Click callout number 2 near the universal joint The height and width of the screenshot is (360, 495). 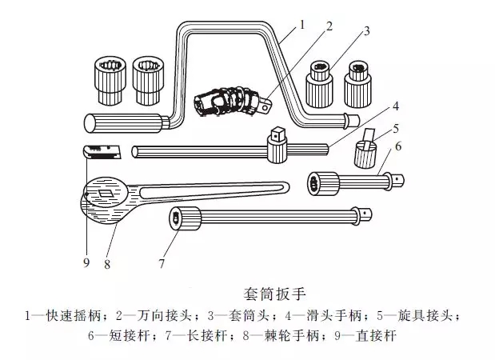click(x=328, y=26)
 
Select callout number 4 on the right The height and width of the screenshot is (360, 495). click(x=394, y=106)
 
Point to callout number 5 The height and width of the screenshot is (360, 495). click(x=394, y=128)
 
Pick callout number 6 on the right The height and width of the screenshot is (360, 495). click(x=397, y=147)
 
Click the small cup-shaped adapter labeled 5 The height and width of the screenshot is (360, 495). click(x=369, y=154)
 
